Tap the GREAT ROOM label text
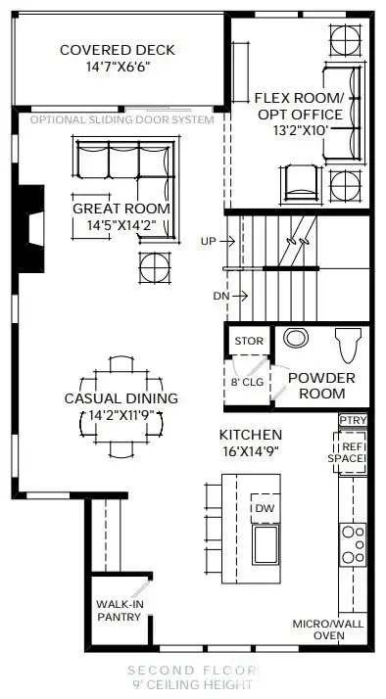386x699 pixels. click(121, 209)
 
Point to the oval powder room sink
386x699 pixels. click(294, 339)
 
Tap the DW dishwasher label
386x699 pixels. click(264, 508)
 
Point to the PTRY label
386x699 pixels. click(352, 419)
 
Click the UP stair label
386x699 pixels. click(208, 240)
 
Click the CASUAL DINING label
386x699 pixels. click(121, 398)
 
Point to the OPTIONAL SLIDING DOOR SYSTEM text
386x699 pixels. click(121, 119)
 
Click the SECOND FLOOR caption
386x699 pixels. click(193, 671)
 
